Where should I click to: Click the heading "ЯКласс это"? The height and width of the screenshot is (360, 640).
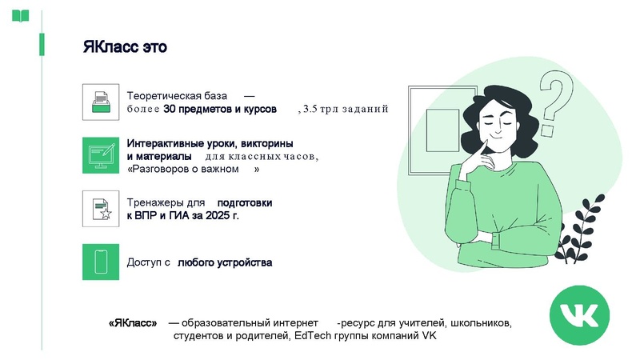coord(125,47)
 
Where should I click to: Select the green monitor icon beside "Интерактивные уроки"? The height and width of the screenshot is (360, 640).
coord(101,155)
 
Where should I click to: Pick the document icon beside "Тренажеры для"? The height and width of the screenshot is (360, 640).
coord(101,209)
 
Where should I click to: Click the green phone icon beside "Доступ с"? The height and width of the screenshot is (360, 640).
coord(101,262)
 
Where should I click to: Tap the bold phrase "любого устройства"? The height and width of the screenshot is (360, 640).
coord(225,262)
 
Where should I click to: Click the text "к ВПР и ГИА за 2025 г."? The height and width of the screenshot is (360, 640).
coord(183,216)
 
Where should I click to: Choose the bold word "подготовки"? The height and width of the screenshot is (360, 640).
coord(245,203)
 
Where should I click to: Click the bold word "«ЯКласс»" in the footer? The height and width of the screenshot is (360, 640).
coord(133,323)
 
